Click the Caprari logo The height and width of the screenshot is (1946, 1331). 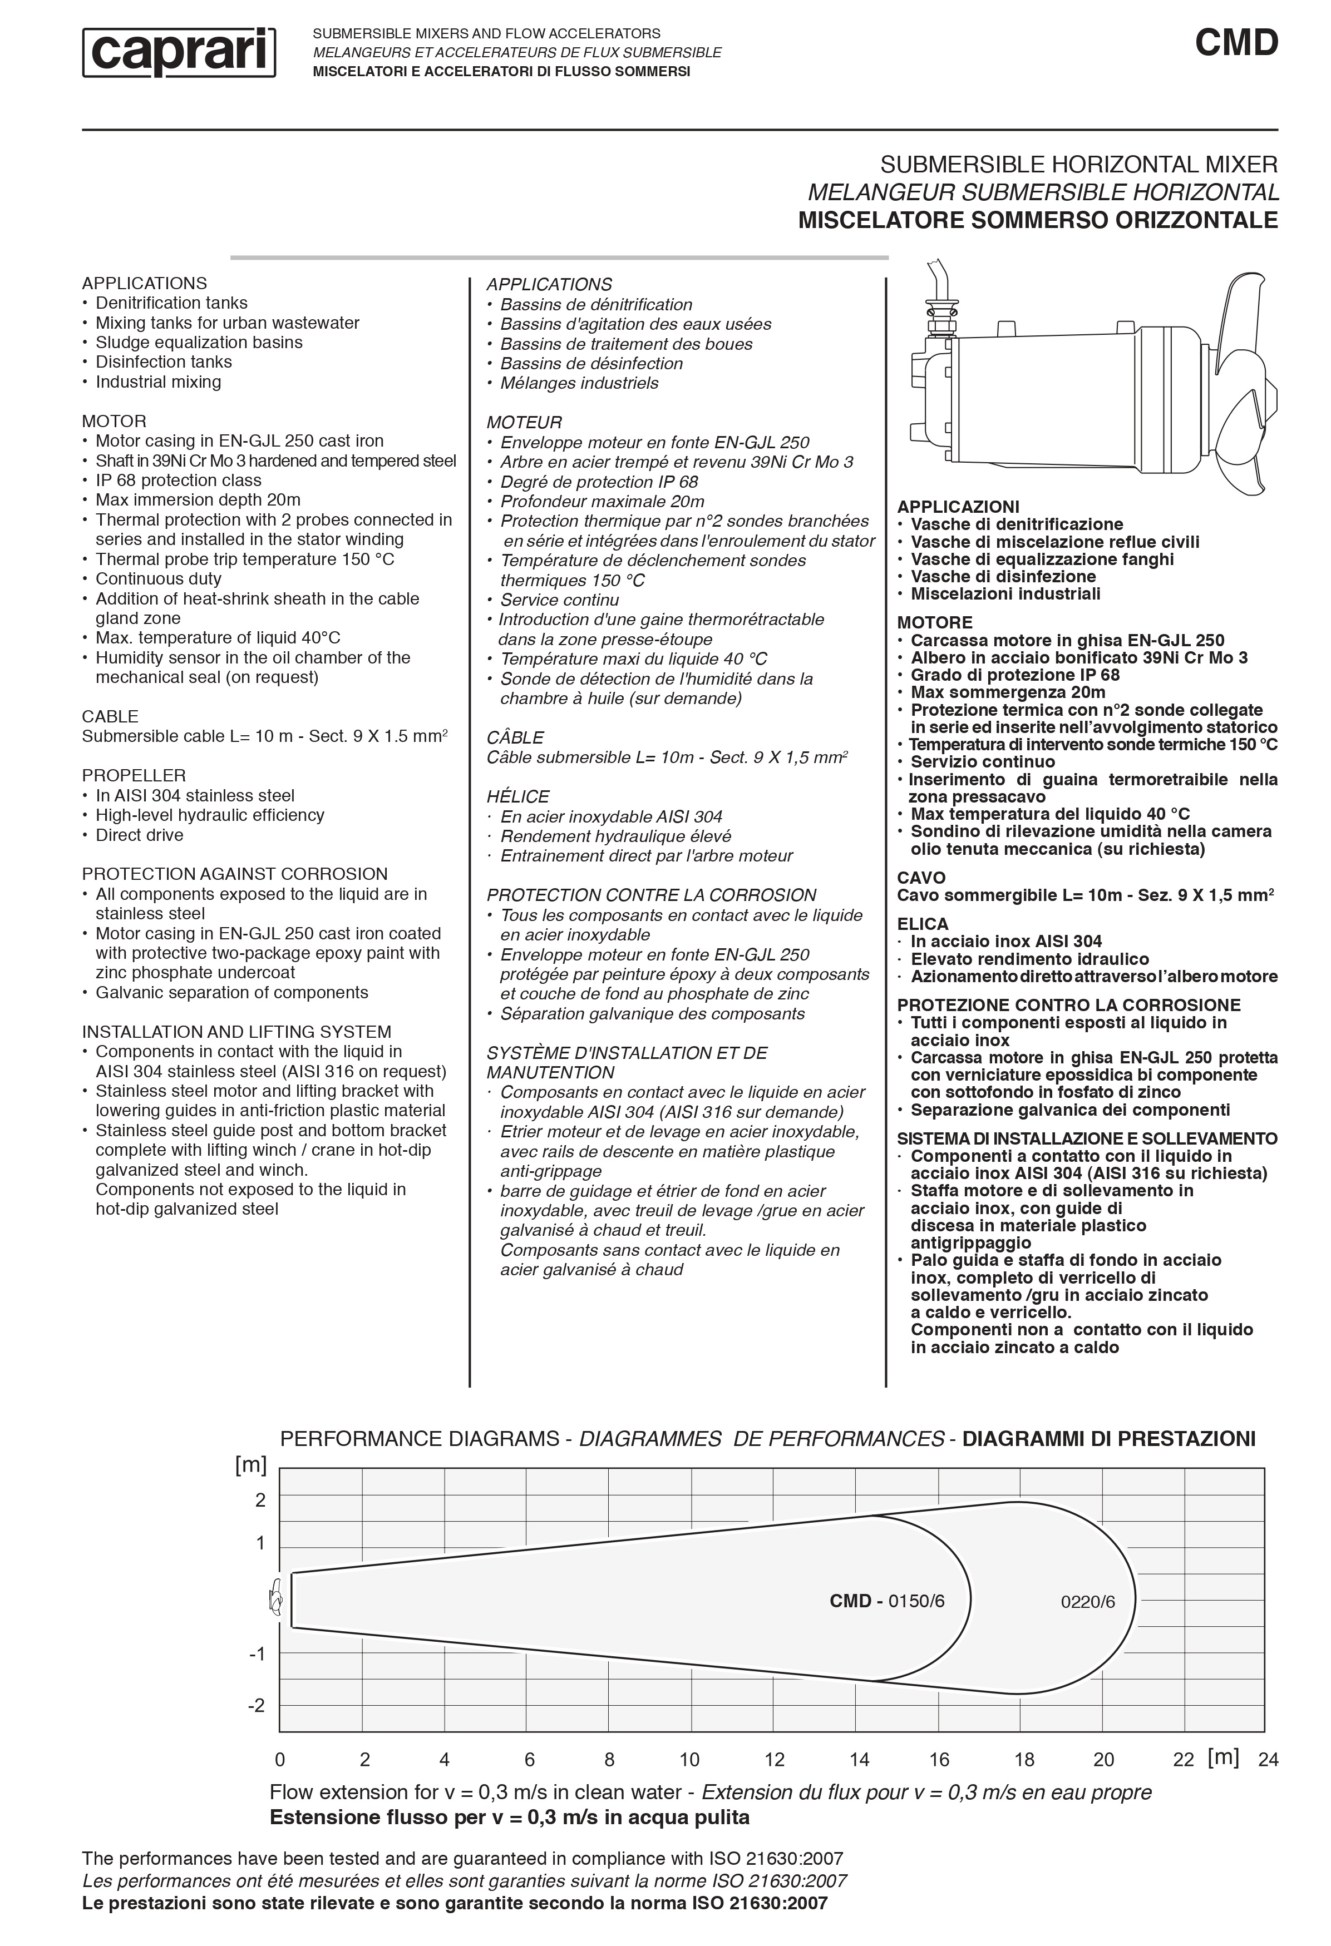point(179,52)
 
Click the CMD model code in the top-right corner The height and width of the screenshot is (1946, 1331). point(1236,43)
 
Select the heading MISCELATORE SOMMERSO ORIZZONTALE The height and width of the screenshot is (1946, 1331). point(1038,220)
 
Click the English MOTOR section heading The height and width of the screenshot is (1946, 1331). point(114,421)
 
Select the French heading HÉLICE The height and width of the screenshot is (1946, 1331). point(517,796)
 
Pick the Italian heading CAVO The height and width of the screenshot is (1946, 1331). point(920,878)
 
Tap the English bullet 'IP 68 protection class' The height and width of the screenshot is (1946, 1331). point(178,481)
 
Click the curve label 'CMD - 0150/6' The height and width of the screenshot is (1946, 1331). point(887,1601)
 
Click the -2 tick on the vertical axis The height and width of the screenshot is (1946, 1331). point(257,1706)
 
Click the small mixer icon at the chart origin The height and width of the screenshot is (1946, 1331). point(274,1600)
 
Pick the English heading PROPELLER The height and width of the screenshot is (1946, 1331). point(133,775)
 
